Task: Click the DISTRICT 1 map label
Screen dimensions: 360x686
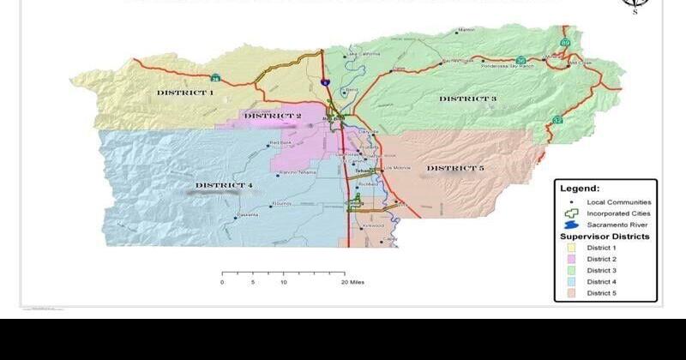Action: pos(184,92)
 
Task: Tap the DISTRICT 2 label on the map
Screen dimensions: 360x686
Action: pos(273,116)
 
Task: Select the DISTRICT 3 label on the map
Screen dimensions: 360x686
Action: pos(467,99)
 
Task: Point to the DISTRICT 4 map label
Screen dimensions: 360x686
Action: pos(224,185)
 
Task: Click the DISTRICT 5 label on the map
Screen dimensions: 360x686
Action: pos(455,168)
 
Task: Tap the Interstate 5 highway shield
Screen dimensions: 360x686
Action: pos(325,81)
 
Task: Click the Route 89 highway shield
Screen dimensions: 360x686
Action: pos(565,41)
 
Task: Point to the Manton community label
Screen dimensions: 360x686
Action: pos(466,30)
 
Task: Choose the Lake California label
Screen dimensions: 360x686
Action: pos(363,55)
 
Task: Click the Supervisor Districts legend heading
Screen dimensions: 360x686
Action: pos(605,236)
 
